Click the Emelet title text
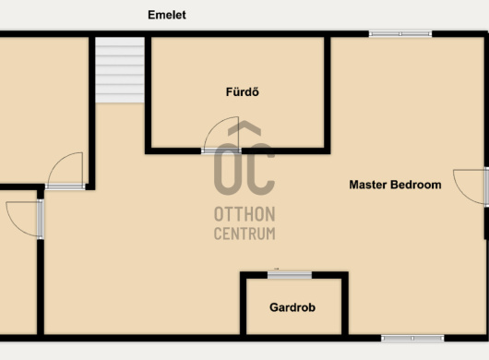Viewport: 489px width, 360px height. [167, 15]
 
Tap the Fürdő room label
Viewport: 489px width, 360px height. [243, 91]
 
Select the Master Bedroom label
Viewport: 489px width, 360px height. [395, 185]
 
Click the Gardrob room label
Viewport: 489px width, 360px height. [292, 307]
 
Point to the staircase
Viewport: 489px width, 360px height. [119, 70]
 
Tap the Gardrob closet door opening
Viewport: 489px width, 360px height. [290, 275]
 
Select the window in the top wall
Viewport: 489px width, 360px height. [400, 33]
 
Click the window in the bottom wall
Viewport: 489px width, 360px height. [412, 338]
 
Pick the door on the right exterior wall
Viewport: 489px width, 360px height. [471, 186]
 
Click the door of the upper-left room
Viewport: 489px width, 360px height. [66, 171]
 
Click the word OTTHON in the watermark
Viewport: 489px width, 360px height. [244, 214]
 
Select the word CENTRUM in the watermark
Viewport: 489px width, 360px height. [244, 234]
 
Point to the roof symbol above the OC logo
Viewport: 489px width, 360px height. [244, 128]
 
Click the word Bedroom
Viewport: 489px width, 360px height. [416, 185]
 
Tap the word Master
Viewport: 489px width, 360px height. [368, 185]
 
